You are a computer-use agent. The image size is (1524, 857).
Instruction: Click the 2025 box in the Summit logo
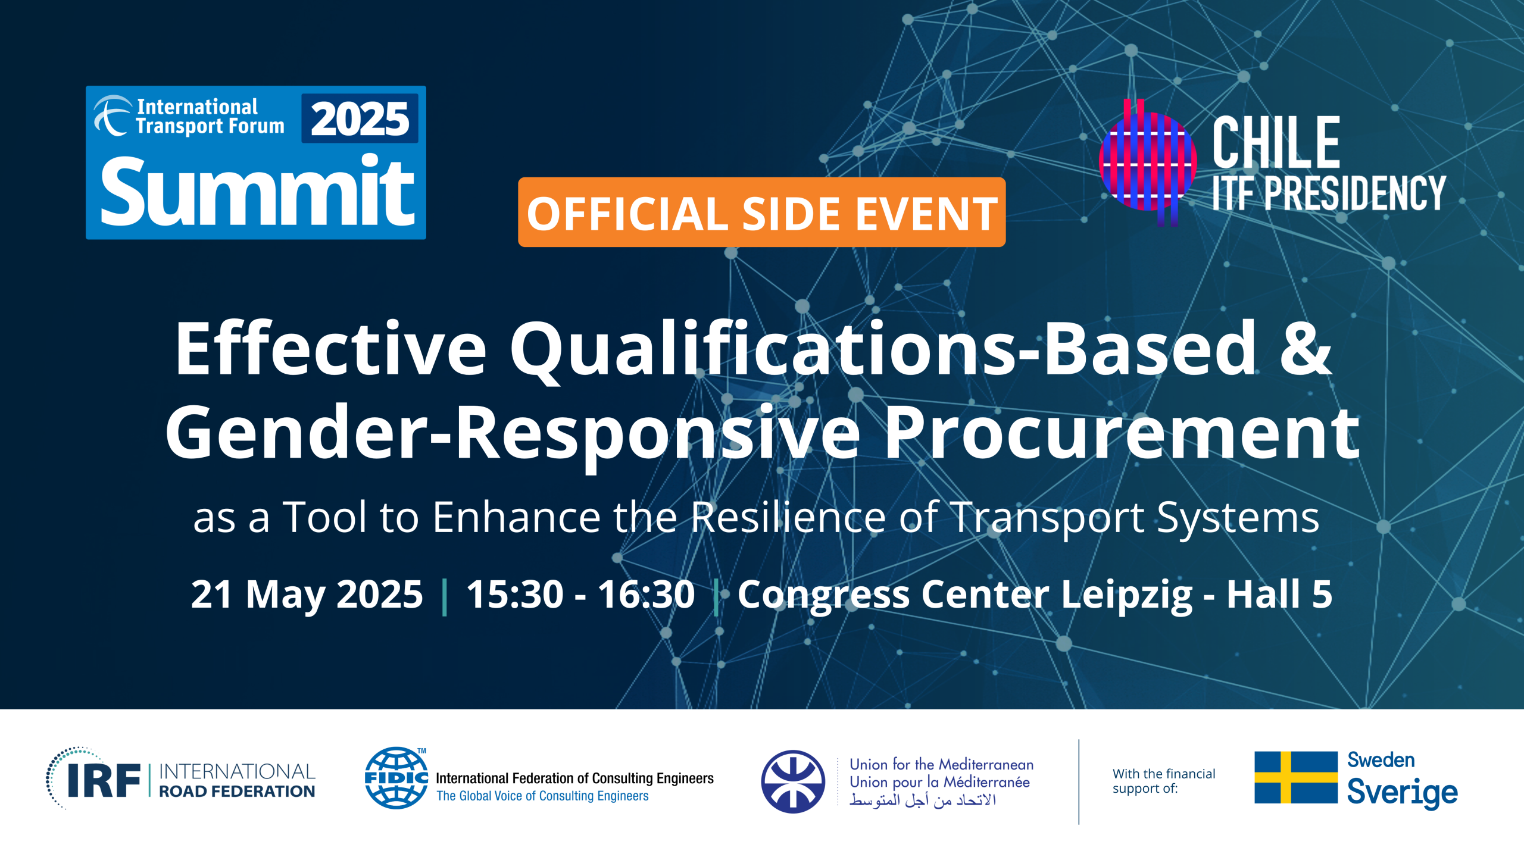point(360,118)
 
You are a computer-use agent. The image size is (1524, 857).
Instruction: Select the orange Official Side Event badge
point(761,212)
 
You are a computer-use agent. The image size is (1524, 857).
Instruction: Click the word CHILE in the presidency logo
point(1276,142)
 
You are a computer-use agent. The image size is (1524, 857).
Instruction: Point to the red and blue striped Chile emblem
point(1147,162)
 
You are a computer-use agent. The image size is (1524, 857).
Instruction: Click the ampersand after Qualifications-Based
point(1306,348)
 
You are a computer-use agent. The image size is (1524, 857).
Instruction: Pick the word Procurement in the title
point(1122,433)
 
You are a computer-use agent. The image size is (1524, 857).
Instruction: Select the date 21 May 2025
point(307,594)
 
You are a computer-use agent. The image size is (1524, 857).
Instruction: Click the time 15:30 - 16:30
point(580,594)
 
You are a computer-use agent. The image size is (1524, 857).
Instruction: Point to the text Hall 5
point(1279,594)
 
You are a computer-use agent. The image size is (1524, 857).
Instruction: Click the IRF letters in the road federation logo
point(104,780)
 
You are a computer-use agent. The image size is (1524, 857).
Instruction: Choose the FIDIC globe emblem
point(396,778)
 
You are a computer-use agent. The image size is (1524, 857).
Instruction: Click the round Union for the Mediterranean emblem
point(793,781)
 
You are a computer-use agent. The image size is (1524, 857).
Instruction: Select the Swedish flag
point(1296,777)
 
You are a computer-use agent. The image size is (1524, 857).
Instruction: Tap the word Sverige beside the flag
point(1402,793)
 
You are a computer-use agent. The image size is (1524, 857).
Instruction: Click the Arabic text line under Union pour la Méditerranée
point(922,800)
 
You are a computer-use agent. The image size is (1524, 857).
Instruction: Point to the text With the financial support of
point(1164,781)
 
